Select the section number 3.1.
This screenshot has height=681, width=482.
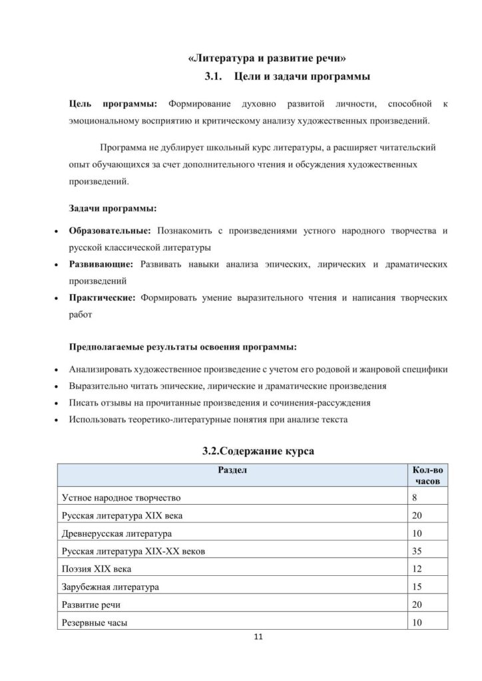212,78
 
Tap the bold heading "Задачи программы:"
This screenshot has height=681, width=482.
113,209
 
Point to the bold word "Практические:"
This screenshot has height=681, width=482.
103,299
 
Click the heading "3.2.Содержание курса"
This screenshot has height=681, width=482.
258,452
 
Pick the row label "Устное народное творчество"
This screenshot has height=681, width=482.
120,497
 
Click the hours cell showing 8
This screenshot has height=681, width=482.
416,497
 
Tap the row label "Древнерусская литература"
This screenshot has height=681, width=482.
117,533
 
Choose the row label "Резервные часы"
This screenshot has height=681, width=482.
94,623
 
